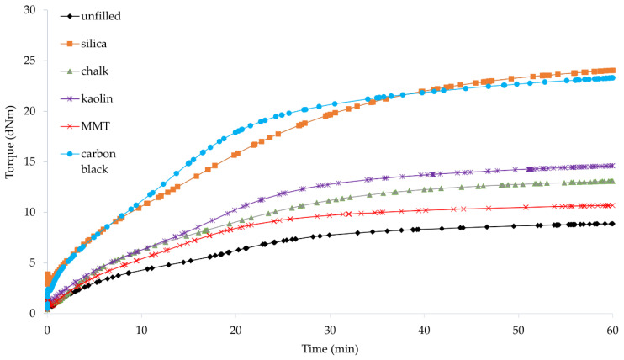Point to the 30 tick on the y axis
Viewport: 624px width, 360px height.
point(30,10)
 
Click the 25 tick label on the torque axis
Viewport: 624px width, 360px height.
point(30,61)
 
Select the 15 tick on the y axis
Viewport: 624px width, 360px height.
point(30,161)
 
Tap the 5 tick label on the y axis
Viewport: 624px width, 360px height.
point(34,262)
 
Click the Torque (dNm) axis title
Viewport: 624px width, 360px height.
point(10,161)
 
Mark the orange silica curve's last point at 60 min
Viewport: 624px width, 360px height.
point(612,71)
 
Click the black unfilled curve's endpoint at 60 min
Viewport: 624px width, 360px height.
point(612,224)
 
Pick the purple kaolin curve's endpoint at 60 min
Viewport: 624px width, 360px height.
point(612,166)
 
